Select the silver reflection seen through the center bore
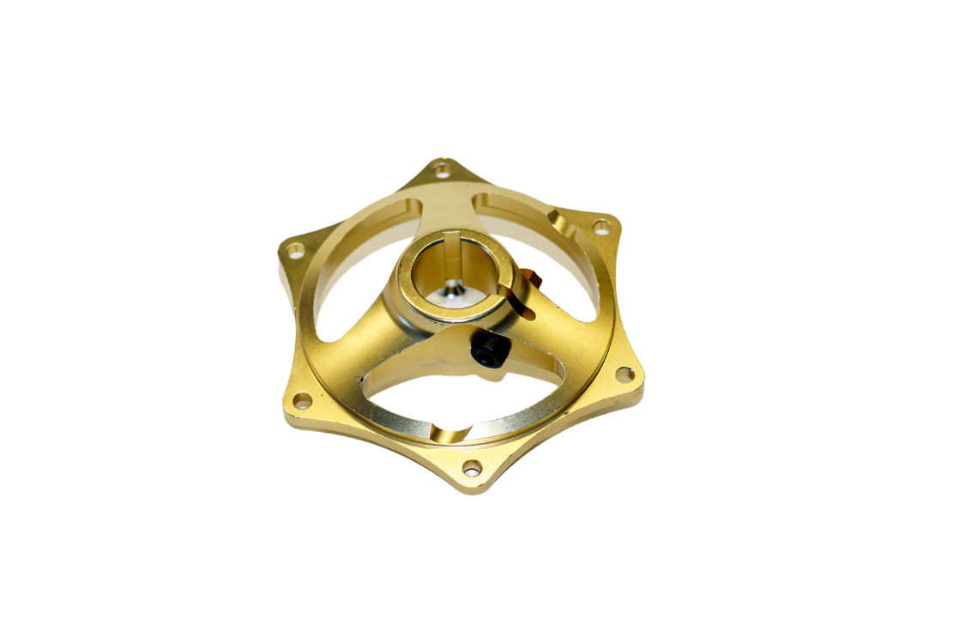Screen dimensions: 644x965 click(452, 293)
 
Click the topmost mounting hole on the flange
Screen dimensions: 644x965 click(443, 170)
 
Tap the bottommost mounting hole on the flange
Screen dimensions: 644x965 click(472, 468)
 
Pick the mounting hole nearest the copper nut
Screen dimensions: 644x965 click(602, 227)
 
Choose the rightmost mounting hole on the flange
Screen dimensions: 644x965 click(624, 374)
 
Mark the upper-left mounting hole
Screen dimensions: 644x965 click(296, 251)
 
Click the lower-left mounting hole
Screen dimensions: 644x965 click(302, 400)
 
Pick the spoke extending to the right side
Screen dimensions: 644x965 click(558, 335)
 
